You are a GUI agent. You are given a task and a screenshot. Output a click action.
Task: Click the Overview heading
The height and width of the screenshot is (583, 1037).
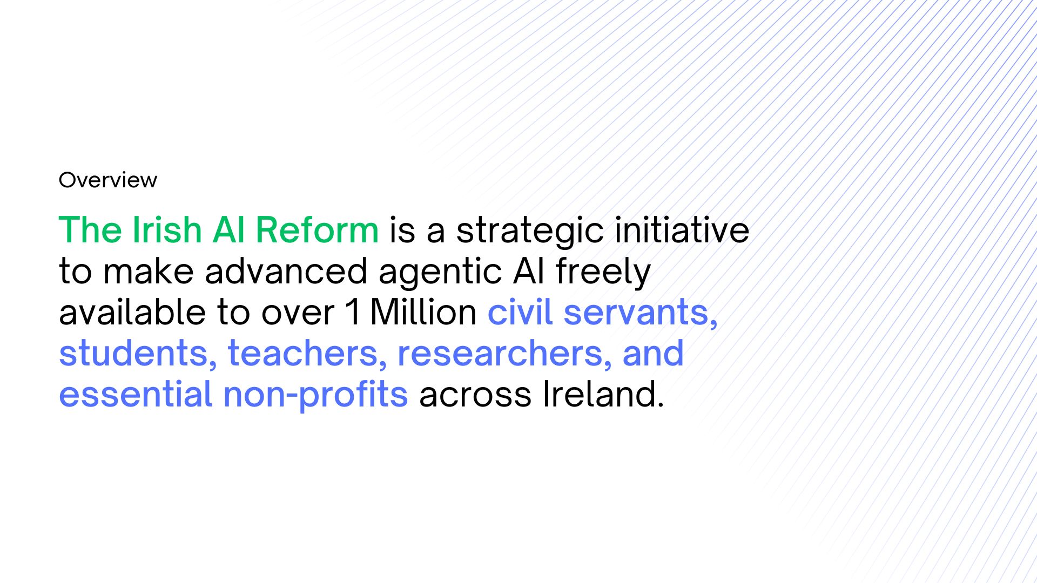108,180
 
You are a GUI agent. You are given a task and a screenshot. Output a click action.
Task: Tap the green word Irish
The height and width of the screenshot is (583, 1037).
167,230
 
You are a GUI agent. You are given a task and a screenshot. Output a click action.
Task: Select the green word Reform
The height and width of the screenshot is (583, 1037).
317,230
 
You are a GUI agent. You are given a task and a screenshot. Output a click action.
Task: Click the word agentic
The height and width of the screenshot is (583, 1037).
440,273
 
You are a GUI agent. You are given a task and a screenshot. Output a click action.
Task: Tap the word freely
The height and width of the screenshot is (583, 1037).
603,273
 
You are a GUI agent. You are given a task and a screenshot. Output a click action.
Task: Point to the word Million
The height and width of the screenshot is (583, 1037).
423,312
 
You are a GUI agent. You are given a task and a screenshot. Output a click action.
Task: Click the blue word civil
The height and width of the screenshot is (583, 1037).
520,312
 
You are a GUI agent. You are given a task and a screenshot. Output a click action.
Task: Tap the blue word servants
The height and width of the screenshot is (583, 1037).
641,314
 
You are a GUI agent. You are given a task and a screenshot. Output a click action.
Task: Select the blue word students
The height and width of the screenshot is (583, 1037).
138,354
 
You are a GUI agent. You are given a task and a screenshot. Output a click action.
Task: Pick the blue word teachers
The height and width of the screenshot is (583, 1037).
307,354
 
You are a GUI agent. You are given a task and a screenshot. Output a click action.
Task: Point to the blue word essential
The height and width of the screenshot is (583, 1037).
136,394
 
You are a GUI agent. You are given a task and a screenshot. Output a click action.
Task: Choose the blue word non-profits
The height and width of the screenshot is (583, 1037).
315,396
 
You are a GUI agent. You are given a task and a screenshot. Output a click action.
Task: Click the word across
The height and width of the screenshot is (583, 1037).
475,396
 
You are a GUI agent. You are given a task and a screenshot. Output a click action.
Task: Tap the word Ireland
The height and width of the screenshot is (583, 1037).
603,394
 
